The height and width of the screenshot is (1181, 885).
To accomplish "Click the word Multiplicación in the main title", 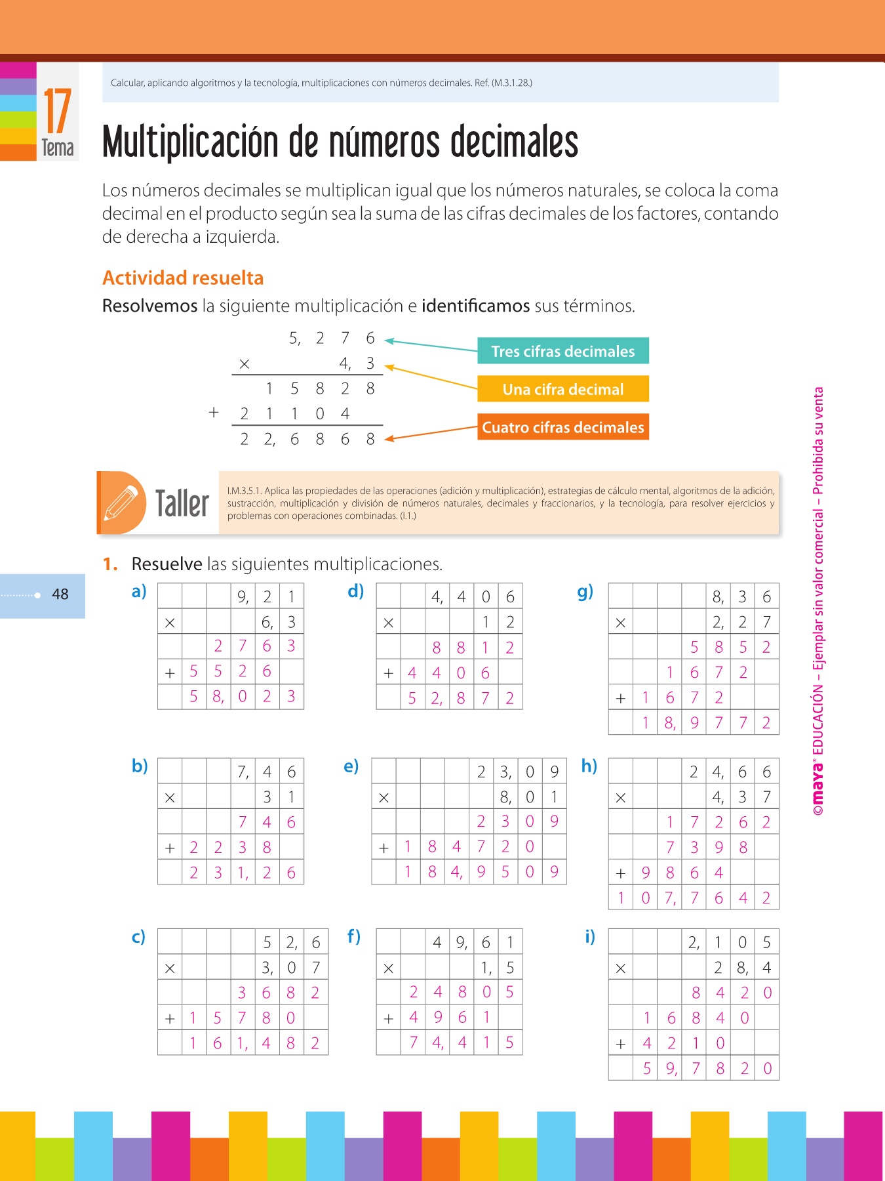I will click(191, 142).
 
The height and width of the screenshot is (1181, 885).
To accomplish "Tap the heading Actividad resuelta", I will click(183, 278).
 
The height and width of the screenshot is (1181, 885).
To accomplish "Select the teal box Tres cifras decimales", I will click(562, 351).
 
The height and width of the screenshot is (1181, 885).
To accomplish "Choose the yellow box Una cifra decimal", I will click(562, 389).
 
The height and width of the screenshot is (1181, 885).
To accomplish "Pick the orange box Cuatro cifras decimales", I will click(562, 427).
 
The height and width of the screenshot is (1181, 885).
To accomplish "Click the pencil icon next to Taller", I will click(122, 503).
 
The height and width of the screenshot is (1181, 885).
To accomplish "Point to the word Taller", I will click(182, 504).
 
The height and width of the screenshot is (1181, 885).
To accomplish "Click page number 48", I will click(60, 594).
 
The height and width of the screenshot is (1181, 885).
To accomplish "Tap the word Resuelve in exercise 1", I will click(167, 564).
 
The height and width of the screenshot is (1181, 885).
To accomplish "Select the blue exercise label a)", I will click(139, 592).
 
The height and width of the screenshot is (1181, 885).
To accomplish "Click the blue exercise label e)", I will click(351, 766).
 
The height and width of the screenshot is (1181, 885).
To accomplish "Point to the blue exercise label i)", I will click(590, 937).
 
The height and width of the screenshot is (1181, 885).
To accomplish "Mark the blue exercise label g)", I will click(585, 592).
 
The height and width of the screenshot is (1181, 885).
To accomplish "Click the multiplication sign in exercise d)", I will click(388, 622).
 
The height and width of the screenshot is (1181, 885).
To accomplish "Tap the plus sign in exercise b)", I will click(170, 848).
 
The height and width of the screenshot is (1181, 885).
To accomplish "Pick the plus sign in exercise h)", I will click(621, 873).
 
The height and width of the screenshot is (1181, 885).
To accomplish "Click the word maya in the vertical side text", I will click(818, 790).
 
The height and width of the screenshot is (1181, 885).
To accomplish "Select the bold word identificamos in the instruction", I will click(475, 306).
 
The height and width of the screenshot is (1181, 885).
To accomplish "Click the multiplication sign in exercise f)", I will click(388, 968).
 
